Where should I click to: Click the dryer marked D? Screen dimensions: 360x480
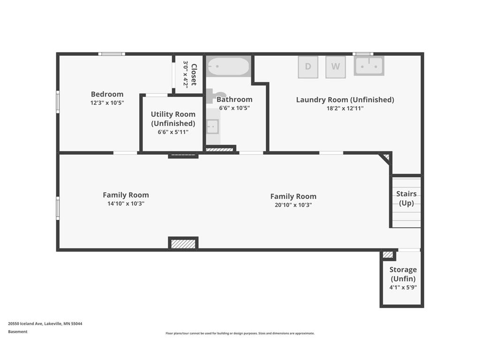pyautogui.click(x=308, y=67)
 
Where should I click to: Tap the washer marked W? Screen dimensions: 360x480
pyautogui.click(x=336, y=67)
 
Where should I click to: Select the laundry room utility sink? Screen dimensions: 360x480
pyautogui.click(x=369, y=66)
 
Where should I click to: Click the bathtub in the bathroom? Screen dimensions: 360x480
pyautogui.click(x=228, y=67)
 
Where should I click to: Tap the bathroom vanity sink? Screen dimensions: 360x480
pyautogui.click(x=213, y=127)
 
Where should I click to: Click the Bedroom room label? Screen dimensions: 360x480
pyautogui.click(x=107, y=94)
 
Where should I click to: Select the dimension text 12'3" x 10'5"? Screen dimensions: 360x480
pyautogui.click(x=107, y=103)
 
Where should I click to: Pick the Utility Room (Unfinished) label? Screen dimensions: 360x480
pyautogui.click(x=173, y=119)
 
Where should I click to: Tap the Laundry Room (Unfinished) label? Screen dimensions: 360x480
pyautogui.click(x=345, y=99)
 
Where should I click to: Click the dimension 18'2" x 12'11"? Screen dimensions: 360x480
pyautogui.click(x=345, y=108)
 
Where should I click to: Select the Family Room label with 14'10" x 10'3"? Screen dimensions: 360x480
pyautogui.click(x=126, y=195)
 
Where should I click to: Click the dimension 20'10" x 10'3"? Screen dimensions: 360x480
pyautogui.click(x=293, y=205)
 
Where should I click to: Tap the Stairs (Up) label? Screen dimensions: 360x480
pyautogui.click(x=406, y=198)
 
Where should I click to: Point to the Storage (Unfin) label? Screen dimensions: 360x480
pyautogui.click(x=403, y=274)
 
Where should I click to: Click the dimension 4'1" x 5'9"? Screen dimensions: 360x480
pyautogui.click(x=403, y=288)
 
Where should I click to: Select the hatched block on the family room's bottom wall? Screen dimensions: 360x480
pyautogui.click(x=183, y=244)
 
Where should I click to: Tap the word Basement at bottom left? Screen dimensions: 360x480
pyautogui.click(x=18, y=332)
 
